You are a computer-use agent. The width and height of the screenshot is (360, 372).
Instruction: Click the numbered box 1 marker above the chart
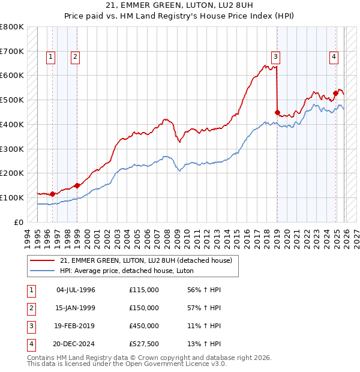50,57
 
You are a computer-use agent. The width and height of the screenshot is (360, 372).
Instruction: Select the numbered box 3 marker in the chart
275,57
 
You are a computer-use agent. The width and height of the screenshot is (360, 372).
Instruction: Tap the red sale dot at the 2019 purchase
277,112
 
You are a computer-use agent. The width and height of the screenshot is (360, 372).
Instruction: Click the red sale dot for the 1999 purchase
77,185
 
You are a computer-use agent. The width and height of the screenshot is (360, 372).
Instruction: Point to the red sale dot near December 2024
335,93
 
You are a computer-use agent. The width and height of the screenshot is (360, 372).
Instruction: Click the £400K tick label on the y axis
12,124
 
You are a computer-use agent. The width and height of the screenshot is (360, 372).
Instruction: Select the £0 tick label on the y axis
18,222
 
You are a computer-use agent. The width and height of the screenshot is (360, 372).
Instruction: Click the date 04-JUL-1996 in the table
76,290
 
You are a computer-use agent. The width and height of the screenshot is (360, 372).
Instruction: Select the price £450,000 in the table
144,326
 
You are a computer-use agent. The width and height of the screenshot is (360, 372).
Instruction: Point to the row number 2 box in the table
30,308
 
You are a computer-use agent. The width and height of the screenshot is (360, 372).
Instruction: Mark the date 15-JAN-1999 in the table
76,308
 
